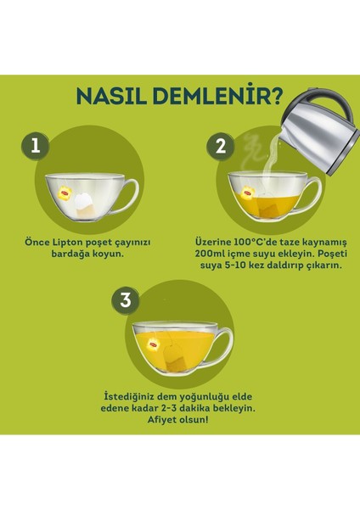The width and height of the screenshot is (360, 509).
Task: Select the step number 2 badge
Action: pos(221,147)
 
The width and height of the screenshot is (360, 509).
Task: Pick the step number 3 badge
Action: pos(126,300)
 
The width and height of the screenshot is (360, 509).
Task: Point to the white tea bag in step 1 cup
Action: pos(85,204)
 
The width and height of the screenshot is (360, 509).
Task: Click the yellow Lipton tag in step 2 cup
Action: pos(248,193)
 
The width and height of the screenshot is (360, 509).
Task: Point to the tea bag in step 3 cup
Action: pos(174,359)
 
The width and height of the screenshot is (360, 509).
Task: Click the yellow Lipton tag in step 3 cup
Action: pos(153,344)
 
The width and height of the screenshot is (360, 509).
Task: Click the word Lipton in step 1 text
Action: pos(68,243)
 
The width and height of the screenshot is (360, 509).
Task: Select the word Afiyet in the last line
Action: pos(160,420)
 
